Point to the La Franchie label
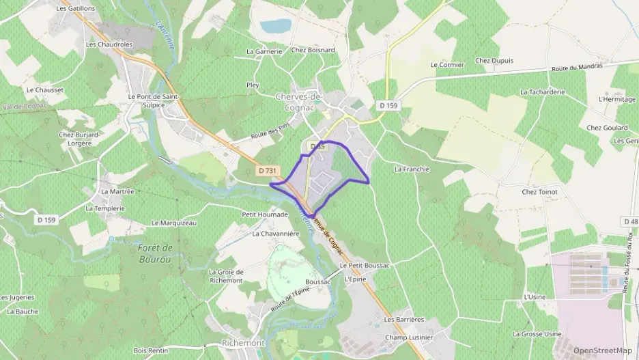(x=412, y=168)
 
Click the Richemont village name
(x=243, y=342)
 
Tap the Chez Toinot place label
(x=539, y=192)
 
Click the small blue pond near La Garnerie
(x=276, y=26)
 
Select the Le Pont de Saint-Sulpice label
(x=153, y=101)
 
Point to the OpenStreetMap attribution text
(x=603, y=350)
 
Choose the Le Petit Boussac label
(x=364, y=265)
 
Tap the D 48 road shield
(x=630, y=222)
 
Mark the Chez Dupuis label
(x=494, y=61)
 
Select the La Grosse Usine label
(x=537, y=334)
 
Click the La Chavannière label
(x=276, y=234)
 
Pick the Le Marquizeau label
(x=173, y=223)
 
